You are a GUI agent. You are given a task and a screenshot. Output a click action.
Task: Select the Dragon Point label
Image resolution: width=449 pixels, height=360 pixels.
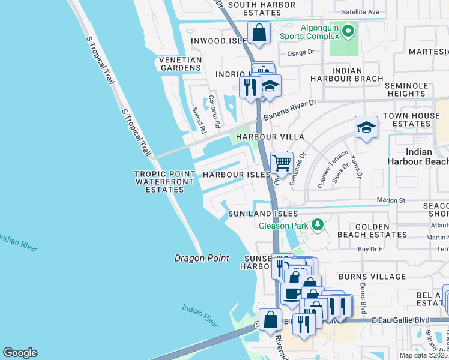click(202, 258)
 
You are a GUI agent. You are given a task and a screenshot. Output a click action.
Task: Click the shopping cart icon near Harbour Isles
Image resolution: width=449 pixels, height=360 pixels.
click(281, 162)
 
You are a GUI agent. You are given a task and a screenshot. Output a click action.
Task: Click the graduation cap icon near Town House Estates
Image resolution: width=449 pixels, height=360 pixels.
click(366, 127)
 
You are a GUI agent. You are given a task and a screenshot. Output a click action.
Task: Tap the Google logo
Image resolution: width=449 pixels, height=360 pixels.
click(20, 353)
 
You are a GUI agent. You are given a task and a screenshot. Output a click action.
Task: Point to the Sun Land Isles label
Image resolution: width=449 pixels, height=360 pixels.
click(262, 214)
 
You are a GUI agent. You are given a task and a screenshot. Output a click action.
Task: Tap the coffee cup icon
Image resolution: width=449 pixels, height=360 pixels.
click(292, 294)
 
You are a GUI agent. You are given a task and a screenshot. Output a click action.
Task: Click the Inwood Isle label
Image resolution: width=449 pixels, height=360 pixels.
click(219, 41)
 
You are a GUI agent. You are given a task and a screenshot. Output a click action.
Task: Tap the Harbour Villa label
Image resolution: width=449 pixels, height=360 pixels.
click(270, 137)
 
